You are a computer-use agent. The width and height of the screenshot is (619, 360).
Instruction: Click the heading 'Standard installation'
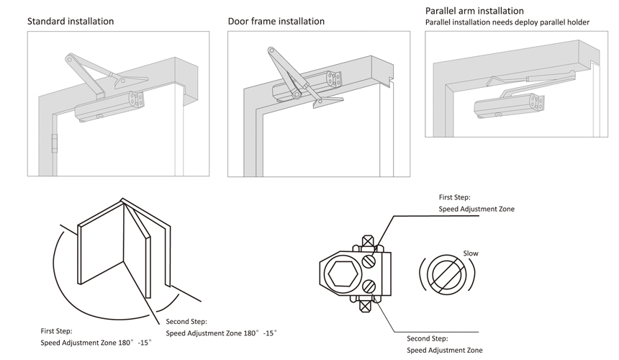[71, 21]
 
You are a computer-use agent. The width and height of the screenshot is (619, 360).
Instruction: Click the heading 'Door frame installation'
[276, 21]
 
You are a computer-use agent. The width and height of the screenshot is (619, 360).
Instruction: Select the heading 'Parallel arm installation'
[474, 11]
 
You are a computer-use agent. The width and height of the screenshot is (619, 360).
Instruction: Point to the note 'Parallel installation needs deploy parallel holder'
[507, 22]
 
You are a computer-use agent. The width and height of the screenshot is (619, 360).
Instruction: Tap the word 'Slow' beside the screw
[471, 253]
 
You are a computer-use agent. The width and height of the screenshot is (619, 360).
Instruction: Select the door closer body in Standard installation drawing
[108, 109]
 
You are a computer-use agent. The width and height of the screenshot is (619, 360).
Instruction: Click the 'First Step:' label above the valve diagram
[455, 197]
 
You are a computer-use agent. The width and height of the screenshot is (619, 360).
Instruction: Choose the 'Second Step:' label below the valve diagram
[428, 338]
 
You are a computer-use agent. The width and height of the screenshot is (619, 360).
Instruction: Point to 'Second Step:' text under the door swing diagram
[186, 321]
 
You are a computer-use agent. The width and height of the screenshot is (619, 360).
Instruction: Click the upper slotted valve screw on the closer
[369, 259]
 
